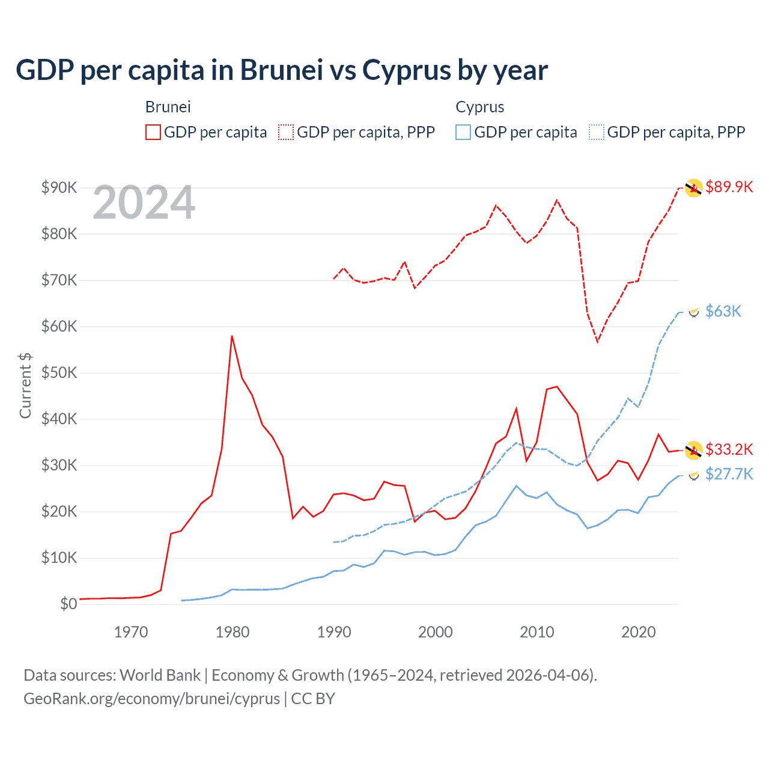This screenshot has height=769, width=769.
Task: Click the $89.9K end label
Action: [x=729, y=187]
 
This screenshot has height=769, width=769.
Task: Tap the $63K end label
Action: [x=723, y=311]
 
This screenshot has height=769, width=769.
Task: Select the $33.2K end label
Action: [x=729, y=449]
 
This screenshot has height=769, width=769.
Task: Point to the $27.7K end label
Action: [x=729, y=474]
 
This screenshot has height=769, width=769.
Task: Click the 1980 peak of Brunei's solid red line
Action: [x=232, y=336]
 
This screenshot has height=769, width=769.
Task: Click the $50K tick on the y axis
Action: [x=59, y=372]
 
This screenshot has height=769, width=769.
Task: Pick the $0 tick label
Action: [x=68, y=604]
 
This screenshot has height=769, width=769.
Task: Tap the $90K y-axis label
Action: [x=59, y=187]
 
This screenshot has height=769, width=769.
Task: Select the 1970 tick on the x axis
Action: [x=131, y=632]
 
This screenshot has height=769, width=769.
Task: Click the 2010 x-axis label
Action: [x=536, y=632]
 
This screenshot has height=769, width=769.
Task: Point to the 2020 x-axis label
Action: [x=638, y=632]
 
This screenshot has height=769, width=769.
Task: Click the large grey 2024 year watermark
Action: [x=144, y=202]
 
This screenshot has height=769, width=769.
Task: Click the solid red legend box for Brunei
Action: [x=153, y=132]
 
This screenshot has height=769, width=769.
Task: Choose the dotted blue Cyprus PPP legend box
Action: [x=597, y=132]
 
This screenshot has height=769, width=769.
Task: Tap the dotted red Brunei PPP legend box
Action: [x=286, y=132]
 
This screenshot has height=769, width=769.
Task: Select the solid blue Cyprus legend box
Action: [x=463, y=132]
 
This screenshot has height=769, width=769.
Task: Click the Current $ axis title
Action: [x=25, y=385]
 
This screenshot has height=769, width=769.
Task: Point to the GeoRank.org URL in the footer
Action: [x=151, y=699]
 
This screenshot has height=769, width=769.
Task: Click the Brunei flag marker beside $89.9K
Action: [x=694, y=188]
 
